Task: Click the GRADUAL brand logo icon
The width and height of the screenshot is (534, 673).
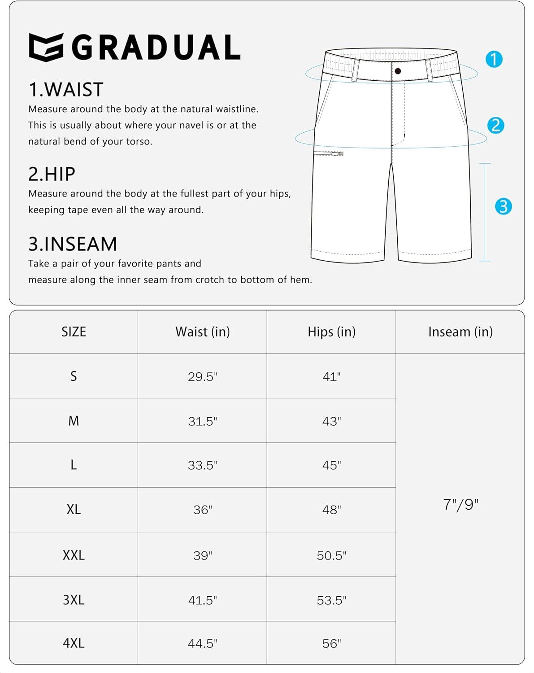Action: pyautogui.click(x=46, y=47)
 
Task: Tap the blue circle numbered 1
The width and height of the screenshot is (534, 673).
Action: pyautogui.click(x=494, y=59)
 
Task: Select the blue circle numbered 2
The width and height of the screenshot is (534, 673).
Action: pyautogui.click(x=495, y=125)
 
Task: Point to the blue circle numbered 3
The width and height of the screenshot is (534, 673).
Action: pyautogui.click(x=503, y=206)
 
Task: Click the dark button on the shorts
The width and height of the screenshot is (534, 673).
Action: pyautogui.click(x=398, y=71)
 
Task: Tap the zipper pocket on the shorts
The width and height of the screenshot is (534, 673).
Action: pyautogui.click(x=328, y=153)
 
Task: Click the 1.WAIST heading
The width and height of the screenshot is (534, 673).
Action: pyautogui.click(x=66, y=90)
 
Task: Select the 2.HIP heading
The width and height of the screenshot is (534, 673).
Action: pyautogui.click(x=52, y=174)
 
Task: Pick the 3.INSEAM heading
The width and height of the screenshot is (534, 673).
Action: pyautogui.click(x=73, y=244)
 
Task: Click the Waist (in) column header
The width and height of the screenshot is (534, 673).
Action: pyautogui.click(x=203, y=332)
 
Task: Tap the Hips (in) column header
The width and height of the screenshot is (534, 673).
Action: pyautogui.click(x=331, y=332)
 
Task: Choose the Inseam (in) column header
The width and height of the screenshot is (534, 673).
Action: pyautogui.click(x=460, y=332)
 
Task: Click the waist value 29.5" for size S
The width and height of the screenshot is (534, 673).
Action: pyautogui.click(x=203, y=376)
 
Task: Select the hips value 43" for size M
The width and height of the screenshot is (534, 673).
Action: pyautogui.click(x=331, y=421)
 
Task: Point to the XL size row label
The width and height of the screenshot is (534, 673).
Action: pyautogui.click(x=74, y=510)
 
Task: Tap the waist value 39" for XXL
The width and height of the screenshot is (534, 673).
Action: pyautogui.click(x=203, y=555)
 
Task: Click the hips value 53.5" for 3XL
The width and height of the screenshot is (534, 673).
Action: pyautogui.click(x=331, y=600)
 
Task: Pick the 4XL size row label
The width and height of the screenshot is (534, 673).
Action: pyautogui.click(x=74, y=643)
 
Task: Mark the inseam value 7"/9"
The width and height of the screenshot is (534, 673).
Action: pyautogui.click(x=460, y=505)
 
